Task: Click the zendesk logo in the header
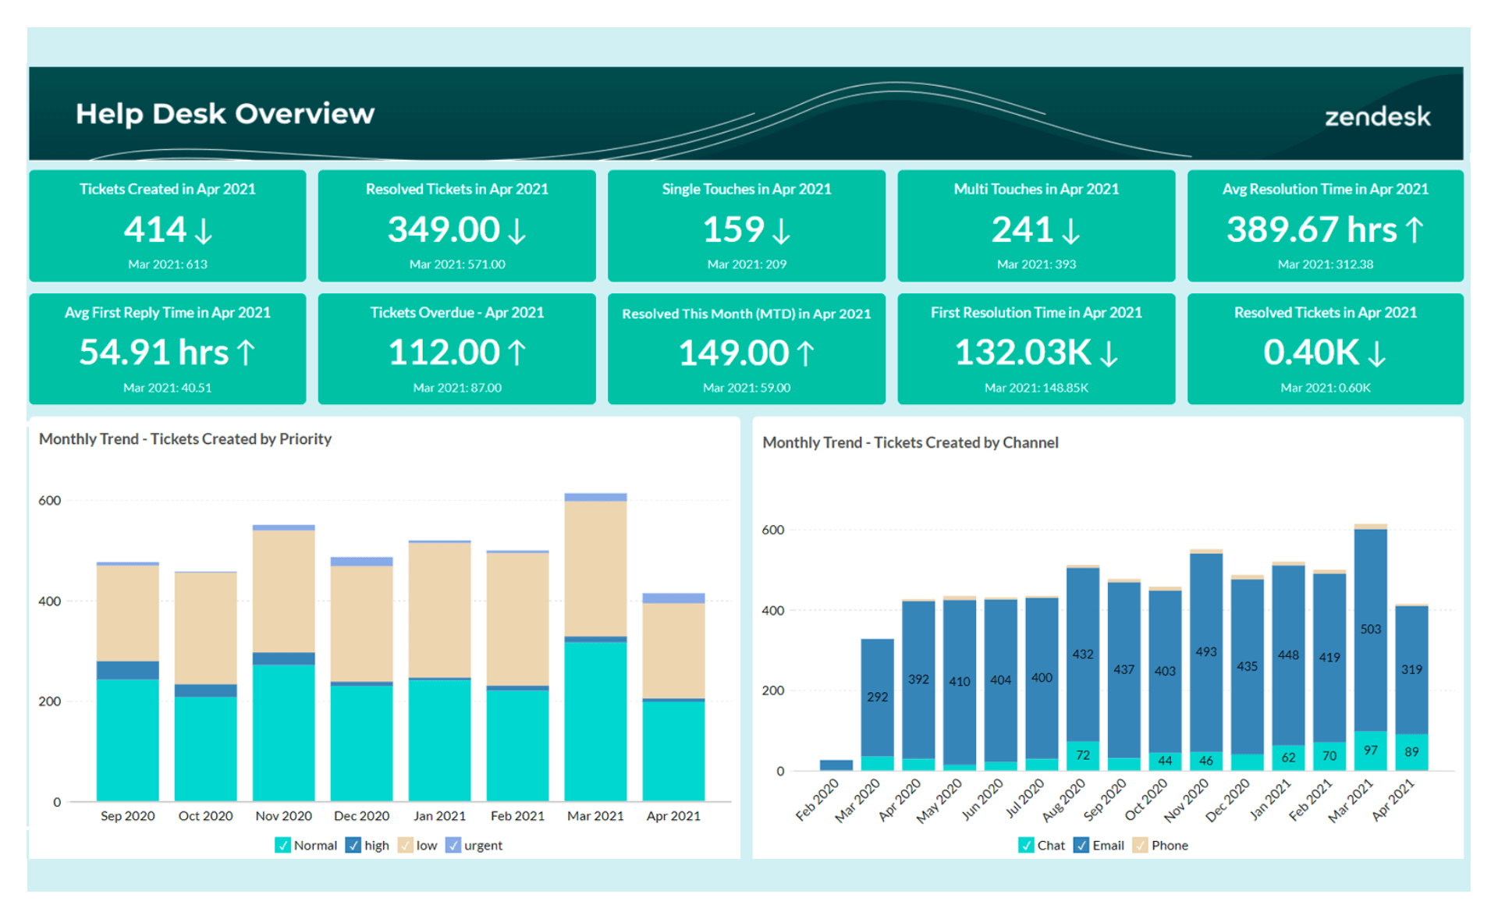[x=1377, y=117]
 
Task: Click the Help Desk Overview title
[x=225, y=114]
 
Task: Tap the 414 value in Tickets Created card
[x=155, y=229]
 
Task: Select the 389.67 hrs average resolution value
[x=1311, y=229]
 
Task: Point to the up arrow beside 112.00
[x=517, y=353]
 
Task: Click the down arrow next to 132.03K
[x=1109, y=353]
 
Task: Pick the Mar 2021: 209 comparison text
[x=747, y=264]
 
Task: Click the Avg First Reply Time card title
[x=167, y=313]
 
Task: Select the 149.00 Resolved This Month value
[x=733, y=353]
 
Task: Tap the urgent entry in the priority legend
[x=482, y=846]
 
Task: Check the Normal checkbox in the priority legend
[x=282, y=846]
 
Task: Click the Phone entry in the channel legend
[x=1169, y=846]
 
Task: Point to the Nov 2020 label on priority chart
[x=283, y=816]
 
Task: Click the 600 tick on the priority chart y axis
[x=50, y=501]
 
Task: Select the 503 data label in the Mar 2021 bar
[x=1370, y=630]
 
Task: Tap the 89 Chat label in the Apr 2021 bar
[x=1411, y=752]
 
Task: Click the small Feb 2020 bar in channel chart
[x=836, y=765]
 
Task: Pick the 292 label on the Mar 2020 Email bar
[x=877, y=697]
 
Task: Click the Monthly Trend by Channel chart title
[x=910, y=443]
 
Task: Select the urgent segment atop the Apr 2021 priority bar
[x=673, y=598]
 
